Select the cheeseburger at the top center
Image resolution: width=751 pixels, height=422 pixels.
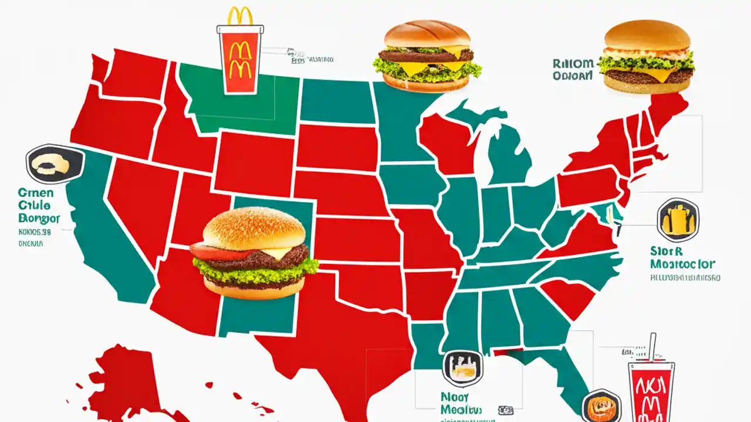[x=427, y=56]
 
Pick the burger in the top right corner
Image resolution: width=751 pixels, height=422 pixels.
[x=647, y=57]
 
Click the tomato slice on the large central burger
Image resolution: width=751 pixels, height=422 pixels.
[x=217, y=253]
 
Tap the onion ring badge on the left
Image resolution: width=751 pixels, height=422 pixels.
[x=54, y=165]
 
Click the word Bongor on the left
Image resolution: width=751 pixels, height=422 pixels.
[x=39, y=219]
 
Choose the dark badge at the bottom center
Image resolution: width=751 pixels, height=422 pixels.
[x=463, y=368]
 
